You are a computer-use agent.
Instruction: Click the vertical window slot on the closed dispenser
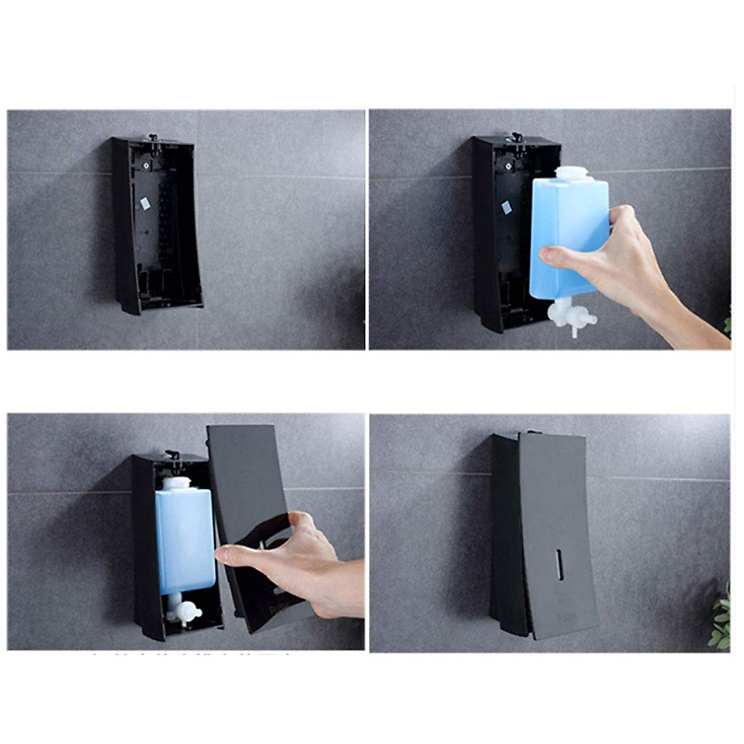point(560,564)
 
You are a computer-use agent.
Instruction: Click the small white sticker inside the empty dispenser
point(146,203)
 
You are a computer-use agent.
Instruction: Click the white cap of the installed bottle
point(176,483)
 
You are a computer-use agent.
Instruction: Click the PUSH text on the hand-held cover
point(277,609)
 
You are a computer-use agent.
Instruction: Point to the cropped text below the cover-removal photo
point(192,654)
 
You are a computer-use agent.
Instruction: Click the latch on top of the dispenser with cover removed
point(172,456)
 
